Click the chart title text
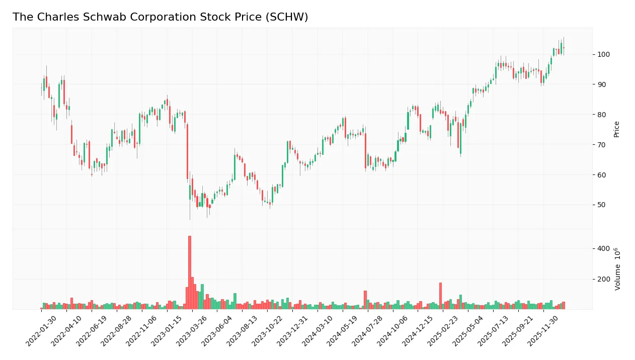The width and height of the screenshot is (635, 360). point(160,17)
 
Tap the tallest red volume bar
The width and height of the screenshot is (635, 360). point(189,272)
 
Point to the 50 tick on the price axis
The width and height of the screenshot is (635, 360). point(601,205)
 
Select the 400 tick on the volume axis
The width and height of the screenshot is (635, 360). point(603,249)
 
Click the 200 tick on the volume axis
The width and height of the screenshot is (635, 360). point(603,279)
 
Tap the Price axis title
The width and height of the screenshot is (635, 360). point(616,129)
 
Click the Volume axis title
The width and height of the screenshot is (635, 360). point(617,269)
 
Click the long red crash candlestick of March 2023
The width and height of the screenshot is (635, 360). point(187,151)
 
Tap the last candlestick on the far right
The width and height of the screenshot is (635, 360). point(564,47)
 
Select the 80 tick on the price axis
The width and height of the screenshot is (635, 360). point(601,115)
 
